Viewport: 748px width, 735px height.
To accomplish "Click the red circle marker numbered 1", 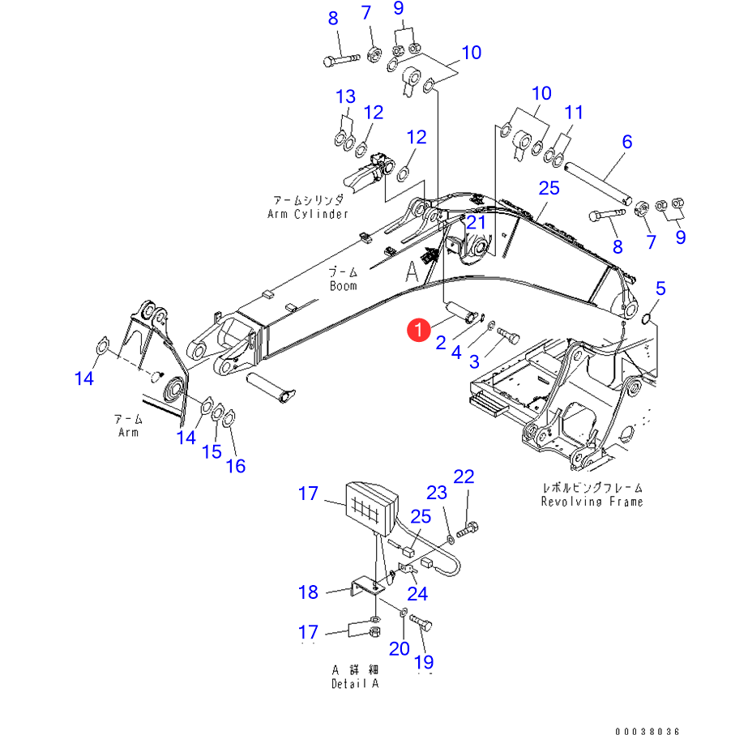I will (418, 329).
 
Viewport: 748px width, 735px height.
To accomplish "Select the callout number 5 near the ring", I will (660, 288).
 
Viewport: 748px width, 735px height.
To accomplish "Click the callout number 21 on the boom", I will (476, 222).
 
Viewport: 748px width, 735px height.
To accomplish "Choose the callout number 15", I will (212, 451).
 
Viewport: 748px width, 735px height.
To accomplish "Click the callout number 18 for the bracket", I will (309, 592).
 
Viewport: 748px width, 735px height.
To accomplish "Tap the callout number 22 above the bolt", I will (464, 477).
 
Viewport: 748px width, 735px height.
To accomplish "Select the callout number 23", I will (437, 492).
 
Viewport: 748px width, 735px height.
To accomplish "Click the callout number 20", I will (399, 648).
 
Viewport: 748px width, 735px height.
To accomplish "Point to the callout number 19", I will (425, 661).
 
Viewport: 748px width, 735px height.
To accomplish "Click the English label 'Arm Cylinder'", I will (307, 214).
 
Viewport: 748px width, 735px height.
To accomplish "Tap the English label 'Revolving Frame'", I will (592, 502).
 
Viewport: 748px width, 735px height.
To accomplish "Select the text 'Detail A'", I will (354, 683).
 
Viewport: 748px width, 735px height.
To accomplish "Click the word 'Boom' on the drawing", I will (343, 285).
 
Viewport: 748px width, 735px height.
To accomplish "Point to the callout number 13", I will (346, 97).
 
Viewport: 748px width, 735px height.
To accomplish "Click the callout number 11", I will (574, 112).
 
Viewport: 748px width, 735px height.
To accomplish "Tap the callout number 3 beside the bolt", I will (475, 360).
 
